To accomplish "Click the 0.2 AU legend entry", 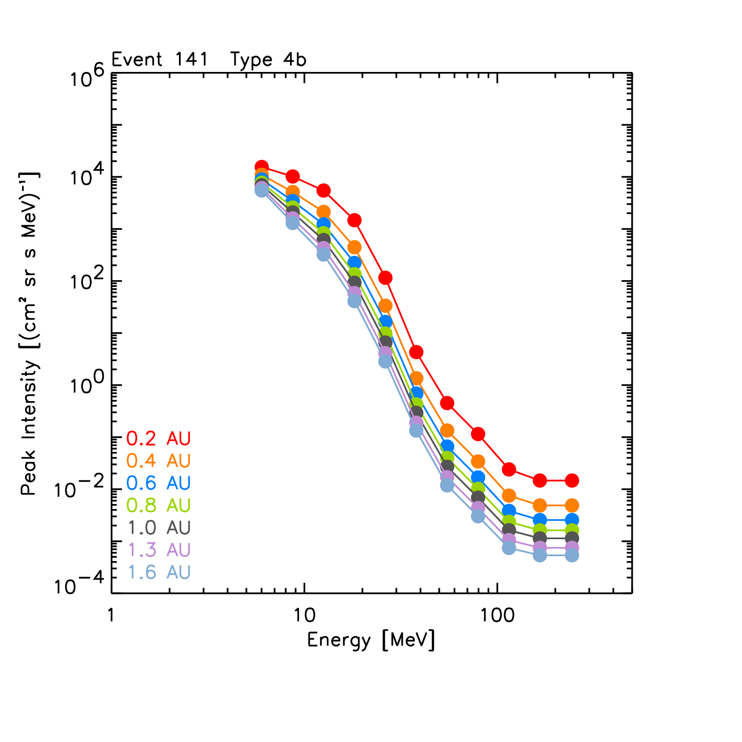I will pos(158,438).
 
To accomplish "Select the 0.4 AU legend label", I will pos(158,460).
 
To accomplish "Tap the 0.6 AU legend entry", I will pos(158,483).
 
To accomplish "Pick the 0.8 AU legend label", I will pos(158,505).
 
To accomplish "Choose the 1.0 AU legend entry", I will pos(158,527).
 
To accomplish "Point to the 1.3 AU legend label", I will pos(158,550).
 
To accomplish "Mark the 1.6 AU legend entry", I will pos(158,572).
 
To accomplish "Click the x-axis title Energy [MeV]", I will pos(371,640).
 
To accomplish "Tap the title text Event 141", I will pos(160,59).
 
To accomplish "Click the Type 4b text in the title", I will pos(268,59).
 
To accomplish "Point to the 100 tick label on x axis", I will pos(497,615).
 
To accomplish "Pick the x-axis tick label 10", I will pos(304,615).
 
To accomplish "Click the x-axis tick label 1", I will pos(111,615).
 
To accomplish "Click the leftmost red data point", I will pos(262,166).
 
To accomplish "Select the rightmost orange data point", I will pos(572,505).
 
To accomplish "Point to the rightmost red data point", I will pos(572,480).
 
